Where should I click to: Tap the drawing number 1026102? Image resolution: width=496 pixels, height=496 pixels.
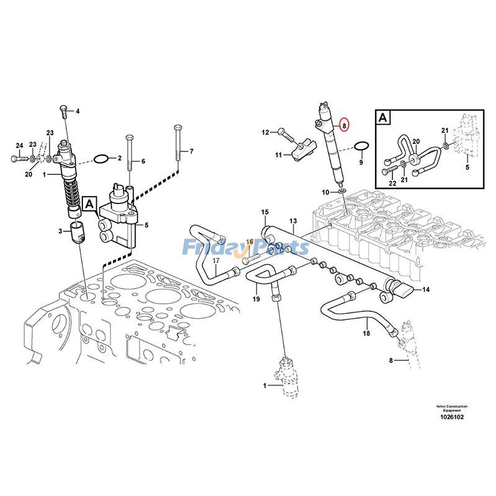(451, 417)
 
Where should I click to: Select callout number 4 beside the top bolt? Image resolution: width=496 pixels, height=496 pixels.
(78, 112)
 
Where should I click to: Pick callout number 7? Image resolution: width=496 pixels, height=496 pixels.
(192, 151)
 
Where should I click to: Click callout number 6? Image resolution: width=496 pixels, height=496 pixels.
(143, 161)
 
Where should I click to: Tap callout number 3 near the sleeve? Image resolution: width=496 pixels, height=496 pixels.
(61, 231)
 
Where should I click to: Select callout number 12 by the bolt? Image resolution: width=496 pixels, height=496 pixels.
(265, 132)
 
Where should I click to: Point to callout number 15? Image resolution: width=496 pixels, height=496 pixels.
(265, 213)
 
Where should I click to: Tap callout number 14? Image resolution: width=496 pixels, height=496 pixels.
(425, 290)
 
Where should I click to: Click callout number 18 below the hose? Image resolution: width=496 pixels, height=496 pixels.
(366, 334)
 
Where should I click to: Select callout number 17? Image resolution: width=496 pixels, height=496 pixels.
(216, 261)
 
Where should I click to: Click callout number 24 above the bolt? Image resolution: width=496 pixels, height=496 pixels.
(19, 146)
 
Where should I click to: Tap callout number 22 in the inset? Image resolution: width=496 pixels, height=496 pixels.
(392, 183)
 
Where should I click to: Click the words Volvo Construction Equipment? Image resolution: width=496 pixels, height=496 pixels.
(451, 408)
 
